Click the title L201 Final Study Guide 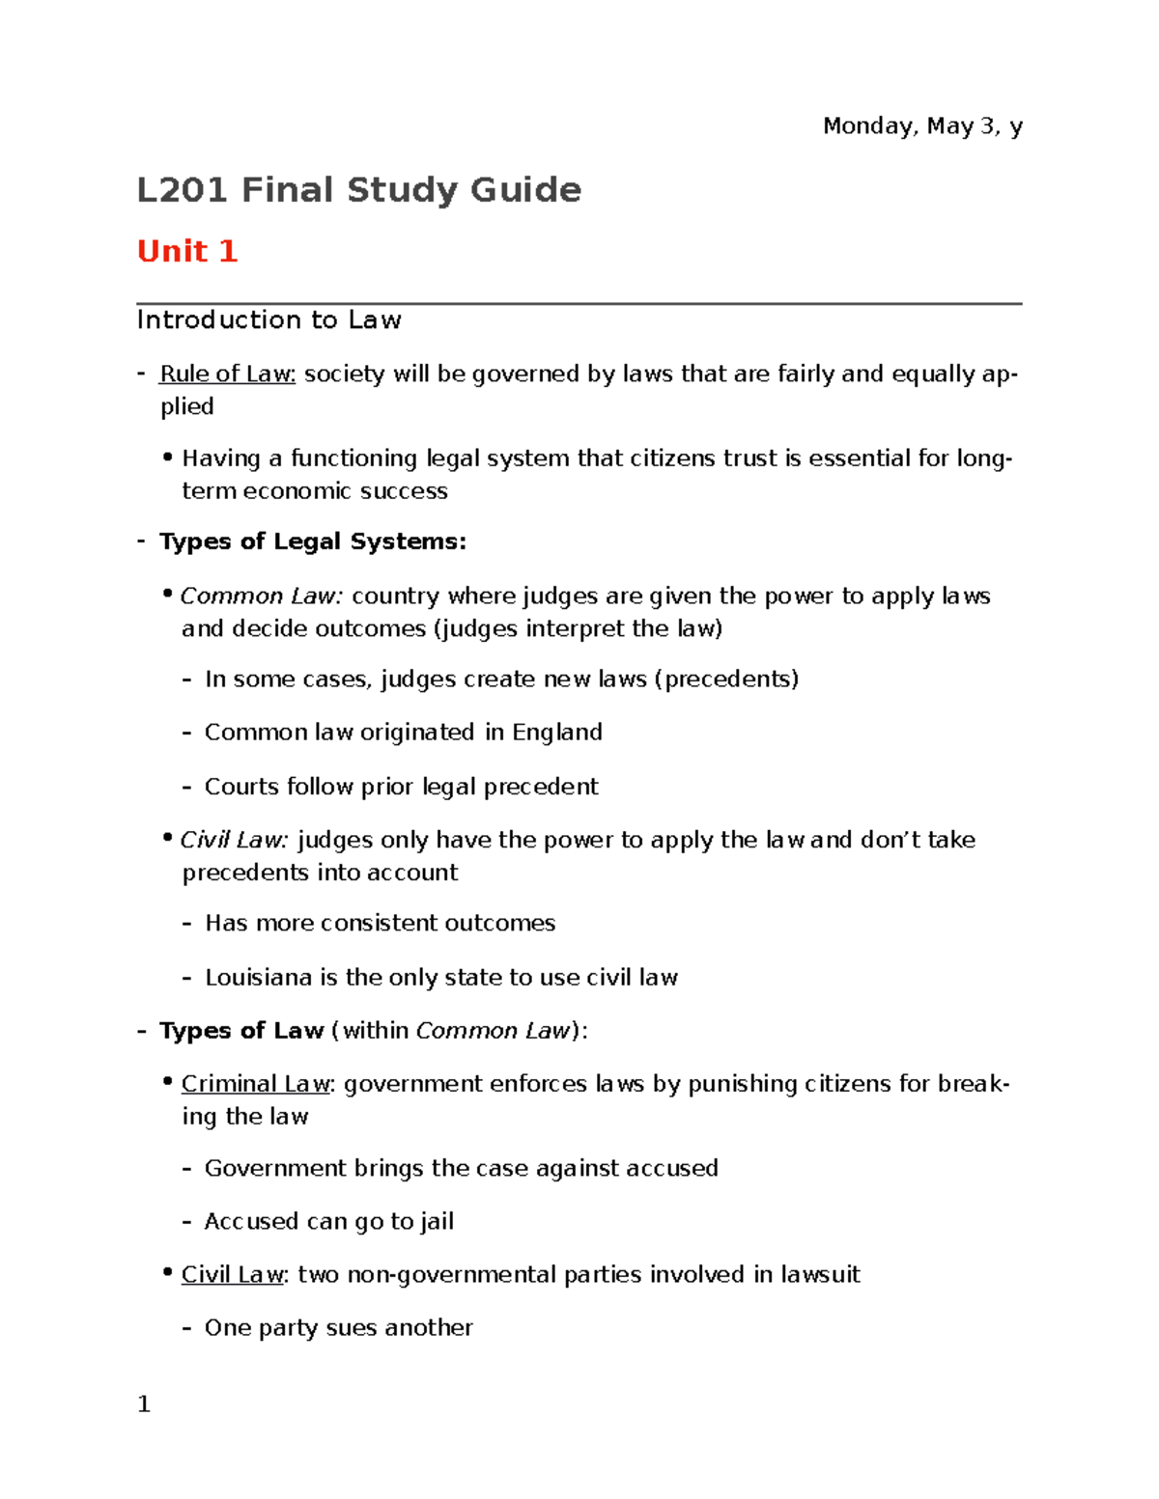(x=358, y=190)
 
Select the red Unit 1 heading (x=186, y=251)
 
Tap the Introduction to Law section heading (x=269, y=320)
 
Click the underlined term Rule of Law (x=227, y=375)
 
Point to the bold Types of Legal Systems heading (x=312, y=541)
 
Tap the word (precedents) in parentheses (x=726, y=680)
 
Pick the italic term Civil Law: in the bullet (x=234, y=841)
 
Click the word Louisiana (x=259, y=978)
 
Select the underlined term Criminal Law (x=256, y=1085)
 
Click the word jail (x=437, y=1222)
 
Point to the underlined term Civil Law (x=233, y=1275)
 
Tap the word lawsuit (x=820, y=1275)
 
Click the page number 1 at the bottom (x=144, y=1404)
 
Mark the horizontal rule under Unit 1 (x=579, y=304)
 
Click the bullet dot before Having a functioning (x=168, y=457)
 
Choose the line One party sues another (x=338, y=1328)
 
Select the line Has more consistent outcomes (x=380, y=924)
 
